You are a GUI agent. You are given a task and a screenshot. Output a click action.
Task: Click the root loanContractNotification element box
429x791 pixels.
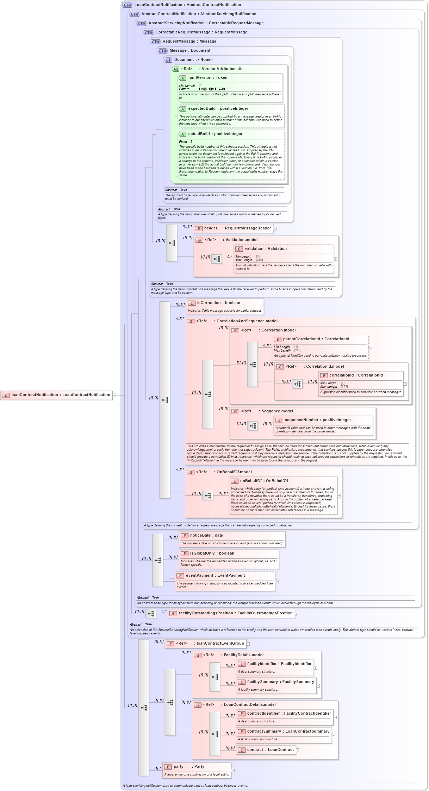tap(56, 395)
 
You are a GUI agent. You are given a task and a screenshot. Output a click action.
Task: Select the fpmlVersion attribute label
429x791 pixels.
tap(207, 78)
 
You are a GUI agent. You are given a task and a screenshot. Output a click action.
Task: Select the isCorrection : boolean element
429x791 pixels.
tap(218, 303)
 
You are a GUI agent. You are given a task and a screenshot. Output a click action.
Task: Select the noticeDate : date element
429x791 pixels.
tap(206, 536)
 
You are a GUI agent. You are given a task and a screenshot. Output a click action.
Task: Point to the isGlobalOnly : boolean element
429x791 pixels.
tap(212, 553)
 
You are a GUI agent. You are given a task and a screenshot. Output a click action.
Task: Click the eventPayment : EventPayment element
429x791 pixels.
tap(215, 576)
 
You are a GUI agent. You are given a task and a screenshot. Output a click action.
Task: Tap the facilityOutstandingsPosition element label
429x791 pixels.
tap(235, 613)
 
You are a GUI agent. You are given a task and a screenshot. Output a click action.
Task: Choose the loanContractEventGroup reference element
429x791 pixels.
tap(220, 644)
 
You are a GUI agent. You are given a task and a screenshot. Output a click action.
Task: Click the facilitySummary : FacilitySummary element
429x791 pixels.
tap(280, 682)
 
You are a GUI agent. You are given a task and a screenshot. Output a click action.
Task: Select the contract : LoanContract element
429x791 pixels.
tap(270, 750)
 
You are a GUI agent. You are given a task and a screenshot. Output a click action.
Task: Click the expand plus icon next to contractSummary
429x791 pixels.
tap(334, 735)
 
